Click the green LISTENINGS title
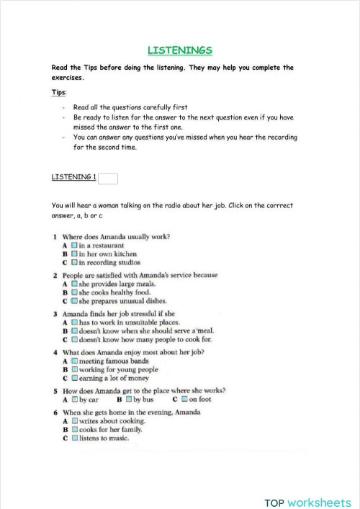click(x=179, y=50)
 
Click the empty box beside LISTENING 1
click(x=107, y=178)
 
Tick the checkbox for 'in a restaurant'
click(x=73, y=246)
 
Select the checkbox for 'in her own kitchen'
click(x=73, y=254)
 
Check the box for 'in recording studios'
click(x=73, y=263)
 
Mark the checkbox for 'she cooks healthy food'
click(x=73, y=293)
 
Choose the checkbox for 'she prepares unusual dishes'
click(x=73, y=302)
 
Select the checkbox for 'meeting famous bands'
click(x=73, y=361)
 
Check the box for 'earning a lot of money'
click(x=73, y=378)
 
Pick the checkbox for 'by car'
click(x=73, y=400)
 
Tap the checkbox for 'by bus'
click(x=127, y=400)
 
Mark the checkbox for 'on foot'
click(x=184, y=400)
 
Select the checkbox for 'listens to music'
click(x=73, y=438)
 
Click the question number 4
click(x=55, y=352)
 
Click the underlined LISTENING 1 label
click(x=73, y=177)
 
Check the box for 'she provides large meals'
click(x=73, y=284)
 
